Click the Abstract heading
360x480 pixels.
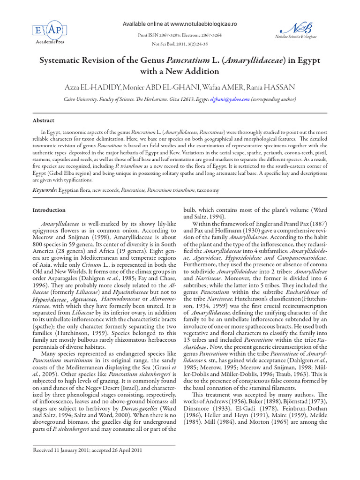click(x=43, y=120)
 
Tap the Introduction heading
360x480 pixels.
click(x=49, y=210)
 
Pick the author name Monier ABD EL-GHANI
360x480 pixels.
click(x=159, y=88)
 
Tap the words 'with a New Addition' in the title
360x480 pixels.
click(x=180, y=72)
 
